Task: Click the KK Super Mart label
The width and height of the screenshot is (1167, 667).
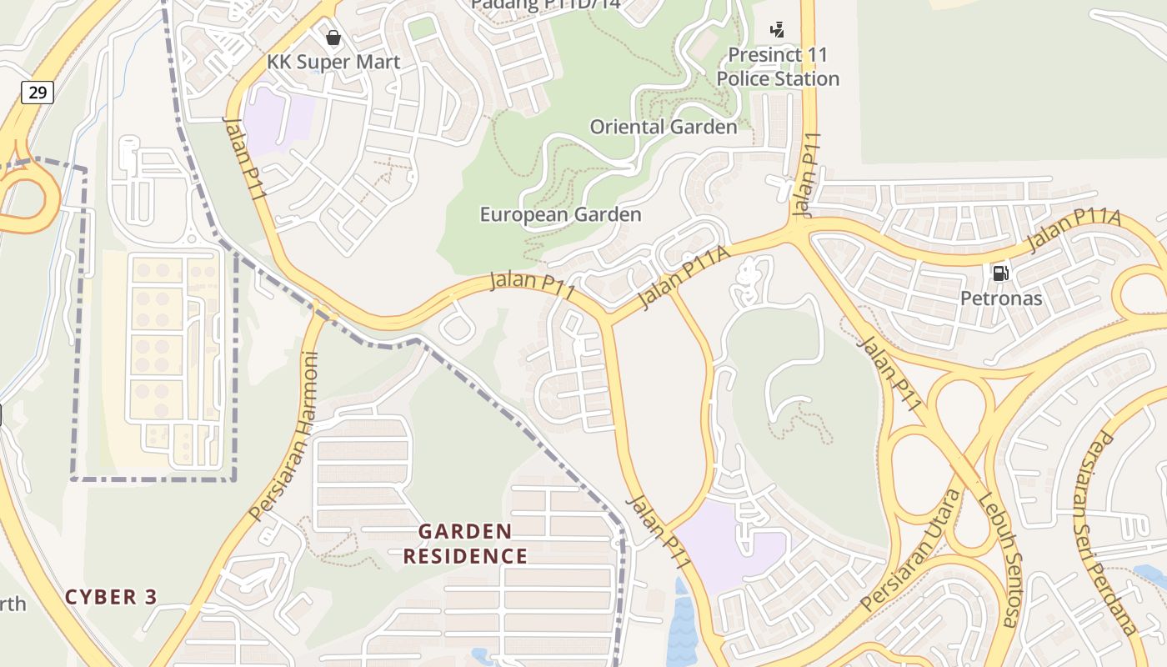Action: tap(333, 62)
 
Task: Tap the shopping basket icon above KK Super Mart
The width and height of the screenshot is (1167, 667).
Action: tap(333, 38)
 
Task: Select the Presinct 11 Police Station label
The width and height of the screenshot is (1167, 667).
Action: tap(778, 67)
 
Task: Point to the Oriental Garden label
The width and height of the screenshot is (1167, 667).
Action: tap(664, 127)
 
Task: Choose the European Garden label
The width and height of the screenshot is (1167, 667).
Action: tap(560, 214)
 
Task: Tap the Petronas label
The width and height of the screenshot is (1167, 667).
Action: tap(1001, 298)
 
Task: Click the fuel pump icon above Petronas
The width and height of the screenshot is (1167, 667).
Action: tap(1000, 273)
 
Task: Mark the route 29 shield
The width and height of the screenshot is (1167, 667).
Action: tap(38, 92)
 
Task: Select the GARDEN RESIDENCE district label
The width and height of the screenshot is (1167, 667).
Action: tap(465, 544)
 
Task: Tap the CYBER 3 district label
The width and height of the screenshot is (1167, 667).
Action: tap(111, 597)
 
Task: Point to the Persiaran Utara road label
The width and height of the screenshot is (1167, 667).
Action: tap(911, 550)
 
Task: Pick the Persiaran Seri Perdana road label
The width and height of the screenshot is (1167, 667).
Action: tap(1114, 534)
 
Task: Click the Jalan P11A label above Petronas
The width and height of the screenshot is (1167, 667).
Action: tap(1074, 230)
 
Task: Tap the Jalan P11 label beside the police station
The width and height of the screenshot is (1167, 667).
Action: tap(807, 175)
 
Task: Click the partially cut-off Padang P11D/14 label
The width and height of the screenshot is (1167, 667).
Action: tap(545, 5)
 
